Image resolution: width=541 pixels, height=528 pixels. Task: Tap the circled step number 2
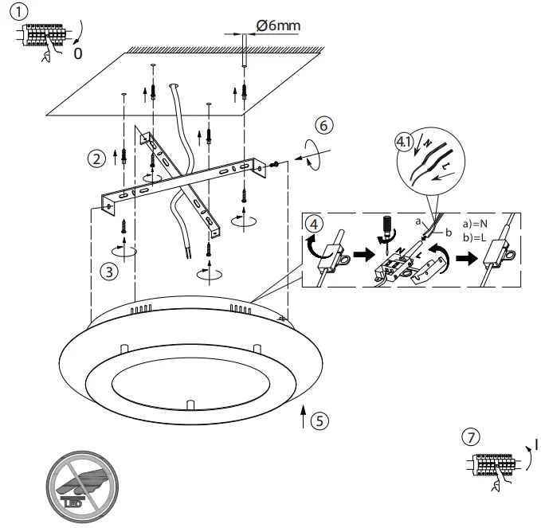pos(96,158)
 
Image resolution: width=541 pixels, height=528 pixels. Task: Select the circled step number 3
pos(110,271)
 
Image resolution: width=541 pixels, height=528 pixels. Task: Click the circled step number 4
pos(316,224)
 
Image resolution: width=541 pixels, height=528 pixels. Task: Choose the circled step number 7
pos(471,437)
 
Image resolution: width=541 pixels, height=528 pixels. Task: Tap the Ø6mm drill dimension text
pos(278,26)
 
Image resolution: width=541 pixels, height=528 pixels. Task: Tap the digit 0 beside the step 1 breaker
pos(77,54)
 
